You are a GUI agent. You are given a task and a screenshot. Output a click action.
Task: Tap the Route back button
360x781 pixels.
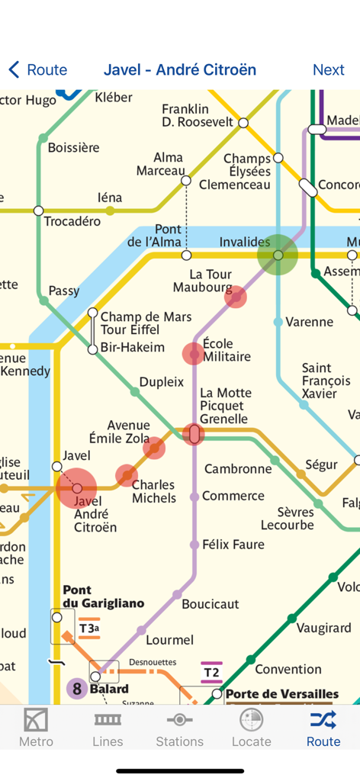[38, 70]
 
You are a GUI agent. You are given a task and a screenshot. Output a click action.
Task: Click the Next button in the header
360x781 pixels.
[328, 70]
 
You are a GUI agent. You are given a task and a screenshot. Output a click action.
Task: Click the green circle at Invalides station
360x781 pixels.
[278, 255]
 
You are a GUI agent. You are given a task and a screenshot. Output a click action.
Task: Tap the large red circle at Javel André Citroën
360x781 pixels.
[76, 488]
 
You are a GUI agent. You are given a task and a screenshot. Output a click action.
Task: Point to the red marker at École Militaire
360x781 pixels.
[194, 353]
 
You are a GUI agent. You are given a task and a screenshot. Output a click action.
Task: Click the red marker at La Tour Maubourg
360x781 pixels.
[236, 297]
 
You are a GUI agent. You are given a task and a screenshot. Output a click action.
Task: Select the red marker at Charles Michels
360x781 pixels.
[127, 476]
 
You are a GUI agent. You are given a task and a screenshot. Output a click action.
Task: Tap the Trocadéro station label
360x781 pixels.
[72, 222]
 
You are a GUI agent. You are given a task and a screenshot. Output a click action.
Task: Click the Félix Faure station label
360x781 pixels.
[233, 545]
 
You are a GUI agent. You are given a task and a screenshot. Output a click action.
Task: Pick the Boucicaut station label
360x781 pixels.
[211, 604]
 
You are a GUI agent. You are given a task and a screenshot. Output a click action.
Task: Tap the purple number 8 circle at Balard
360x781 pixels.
[76, 689]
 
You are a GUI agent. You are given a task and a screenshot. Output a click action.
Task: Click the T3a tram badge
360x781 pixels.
[89, 628]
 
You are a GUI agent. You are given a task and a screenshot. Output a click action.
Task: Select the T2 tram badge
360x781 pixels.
[211, 673]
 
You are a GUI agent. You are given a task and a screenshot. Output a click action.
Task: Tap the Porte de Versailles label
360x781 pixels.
[282, 694]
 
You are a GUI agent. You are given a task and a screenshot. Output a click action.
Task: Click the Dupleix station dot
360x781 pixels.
[135, 392]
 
